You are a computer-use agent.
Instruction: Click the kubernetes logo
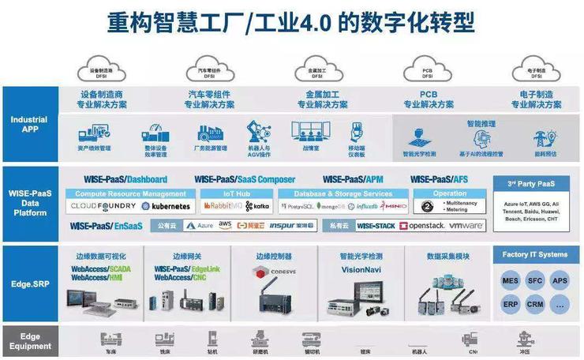(166, 206)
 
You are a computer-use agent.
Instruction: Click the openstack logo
(424, 226)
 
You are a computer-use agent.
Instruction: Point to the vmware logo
(466, 226)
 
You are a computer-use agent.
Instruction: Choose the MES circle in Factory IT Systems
(511, 280)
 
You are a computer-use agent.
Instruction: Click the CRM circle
(536, 304)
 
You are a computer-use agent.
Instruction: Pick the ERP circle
(511, 304)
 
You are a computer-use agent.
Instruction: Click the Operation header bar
(450, 193)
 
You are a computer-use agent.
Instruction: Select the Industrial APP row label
(29, 124)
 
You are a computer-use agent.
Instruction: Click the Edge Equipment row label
(30, 341)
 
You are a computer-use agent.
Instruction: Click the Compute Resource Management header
(131, 193)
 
